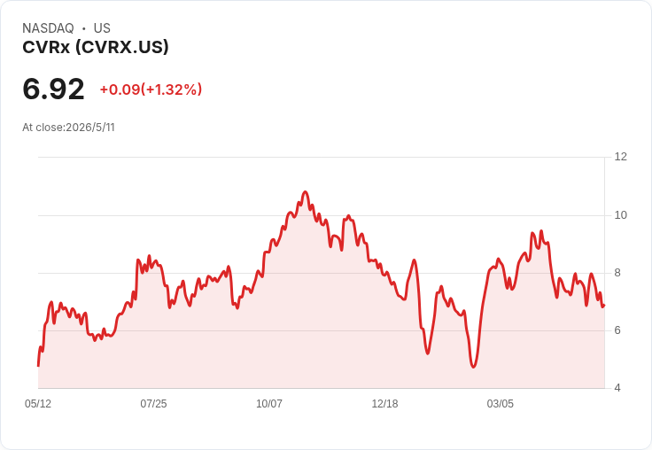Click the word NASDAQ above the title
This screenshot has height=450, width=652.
pos(48,28)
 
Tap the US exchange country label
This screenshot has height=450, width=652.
pos(102,28)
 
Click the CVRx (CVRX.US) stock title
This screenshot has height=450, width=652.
pos(96,47)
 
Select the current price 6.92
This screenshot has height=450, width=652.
pos(53,89)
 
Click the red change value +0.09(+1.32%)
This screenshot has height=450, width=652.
pos(151,89)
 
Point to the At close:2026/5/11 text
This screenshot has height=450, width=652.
pos(68,128)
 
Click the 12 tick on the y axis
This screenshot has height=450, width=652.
pos(621,157)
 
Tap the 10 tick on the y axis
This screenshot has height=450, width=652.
pos(621,215)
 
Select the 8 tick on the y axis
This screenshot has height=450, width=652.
pos(617,273)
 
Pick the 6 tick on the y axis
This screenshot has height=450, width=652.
pos(617,330)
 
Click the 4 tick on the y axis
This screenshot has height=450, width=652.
pos(617,388)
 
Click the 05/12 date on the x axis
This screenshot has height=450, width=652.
pos(38,404)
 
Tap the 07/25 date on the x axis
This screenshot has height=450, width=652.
pos(153,404)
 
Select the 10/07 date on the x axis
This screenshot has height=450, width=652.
pos(269,404)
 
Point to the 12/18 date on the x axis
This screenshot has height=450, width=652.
pos(384,404)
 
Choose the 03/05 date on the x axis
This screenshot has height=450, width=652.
pos(501,404)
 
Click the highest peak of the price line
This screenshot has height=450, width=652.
pos(306,191)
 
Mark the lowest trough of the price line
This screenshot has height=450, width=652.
pos(473,367)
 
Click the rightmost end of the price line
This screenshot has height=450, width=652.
pos(604,306)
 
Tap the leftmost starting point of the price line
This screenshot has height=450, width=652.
pos(38,366)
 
